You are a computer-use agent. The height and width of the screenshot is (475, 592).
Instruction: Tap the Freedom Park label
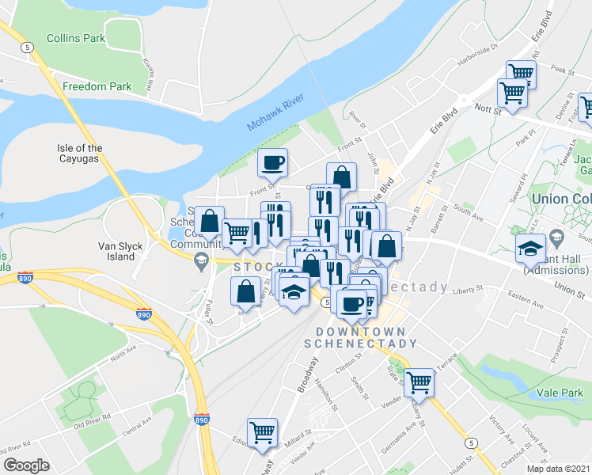97,85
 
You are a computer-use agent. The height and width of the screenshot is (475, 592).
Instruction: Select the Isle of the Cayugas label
80,154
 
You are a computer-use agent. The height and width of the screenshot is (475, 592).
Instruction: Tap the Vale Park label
560,392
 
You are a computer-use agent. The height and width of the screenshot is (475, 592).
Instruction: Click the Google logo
26,465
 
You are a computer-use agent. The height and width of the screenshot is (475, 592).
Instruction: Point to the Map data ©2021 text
558,469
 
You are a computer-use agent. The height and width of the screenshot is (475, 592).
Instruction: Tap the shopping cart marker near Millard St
262,432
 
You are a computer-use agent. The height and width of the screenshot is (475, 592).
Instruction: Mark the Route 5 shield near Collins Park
28,47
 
